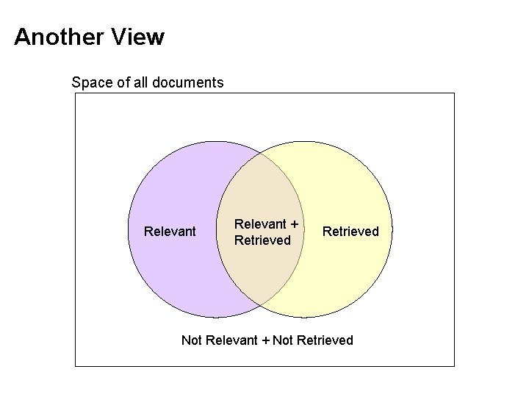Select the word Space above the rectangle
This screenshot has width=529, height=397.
coord(92,82)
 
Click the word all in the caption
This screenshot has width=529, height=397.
coord(141,82)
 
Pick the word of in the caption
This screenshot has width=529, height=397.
coord(123,82)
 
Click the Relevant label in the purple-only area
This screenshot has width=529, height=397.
coord(170,232)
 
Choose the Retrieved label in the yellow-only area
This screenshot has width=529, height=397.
coord(350,232)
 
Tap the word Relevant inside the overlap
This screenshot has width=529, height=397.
coord(259,224)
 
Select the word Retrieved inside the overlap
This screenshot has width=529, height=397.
coord(262,240)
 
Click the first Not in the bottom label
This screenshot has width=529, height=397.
coord(192,340)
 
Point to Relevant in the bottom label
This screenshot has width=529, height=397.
coord(232,340)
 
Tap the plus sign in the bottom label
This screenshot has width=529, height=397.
coord(265,340)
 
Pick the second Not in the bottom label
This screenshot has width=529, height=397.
coord(283,340)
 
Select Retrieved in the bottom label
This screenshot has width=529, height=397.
coord(324,340)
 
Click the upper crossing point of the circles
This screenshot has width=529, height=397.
coord(260,155)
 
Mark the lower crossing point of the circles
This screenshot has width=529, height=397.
coord(260,305)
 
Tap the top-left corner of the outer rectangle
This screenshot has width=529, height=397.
coord(76,93)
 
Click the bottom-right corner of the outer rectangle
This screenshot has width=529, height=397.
coord(454,365)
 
